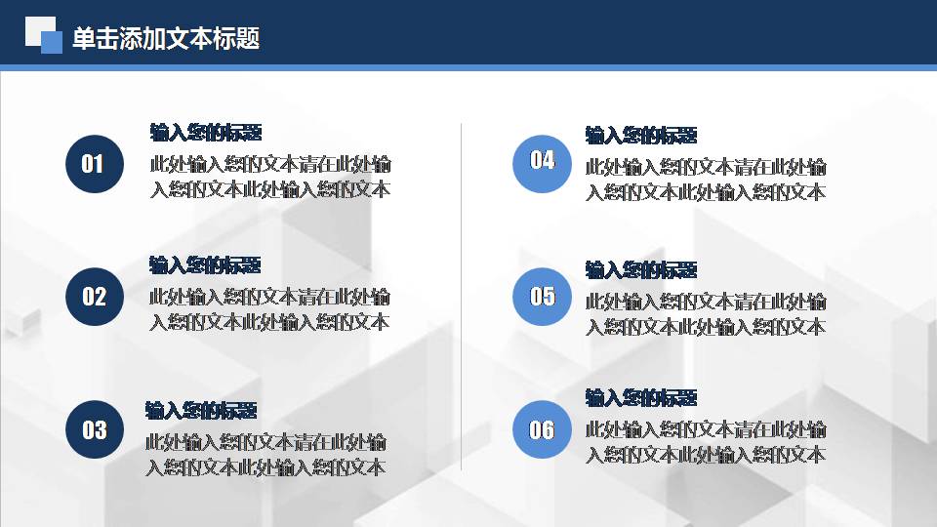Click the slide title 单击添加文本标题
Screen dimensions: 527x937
[x=166, y=39]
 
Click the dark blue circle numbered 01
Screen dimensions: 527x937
[x=94, y=163]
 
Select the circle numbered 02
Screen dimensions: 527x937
[x=94, y=297]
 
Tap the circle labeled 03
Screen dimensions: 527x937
[x=94, y=429]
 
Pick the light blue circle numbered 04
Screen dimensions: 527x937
[x=542, y=161]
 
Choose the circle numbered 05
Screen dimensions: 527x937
[x=542, y=296]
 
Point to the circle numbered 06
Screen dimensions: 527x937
[x=542, y=429]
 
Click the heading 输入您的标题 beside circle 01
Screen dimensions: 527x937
[x=206, y=133]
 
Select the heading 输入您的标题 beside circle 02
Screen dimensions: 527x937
[x=206, y=265]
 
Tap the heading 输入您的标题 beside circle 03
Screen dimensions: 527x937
[x=202, y=410]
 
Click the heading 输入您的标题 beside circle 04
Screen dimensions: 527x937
[x=641, y=135]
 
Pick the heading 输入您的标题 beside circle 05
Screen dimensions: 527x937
[x=641, y=269]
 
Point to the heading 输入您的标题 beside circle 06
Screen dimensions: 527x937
[x=641, y=397]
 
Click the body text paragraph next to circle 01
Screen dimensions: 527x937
[x=270, y=177]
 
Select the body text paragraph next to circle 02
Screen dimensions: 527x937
[x=270, y=309]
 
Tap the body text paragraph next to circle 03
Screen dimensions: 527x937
[x=266, y=455]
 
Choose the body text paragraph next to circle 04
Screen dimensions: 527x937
[x=706, y=180]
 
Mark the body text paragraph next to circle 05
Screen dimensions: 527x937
[x=706, y=314]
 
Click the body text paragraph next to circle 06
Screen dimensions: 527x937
[x=706, y=442]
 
